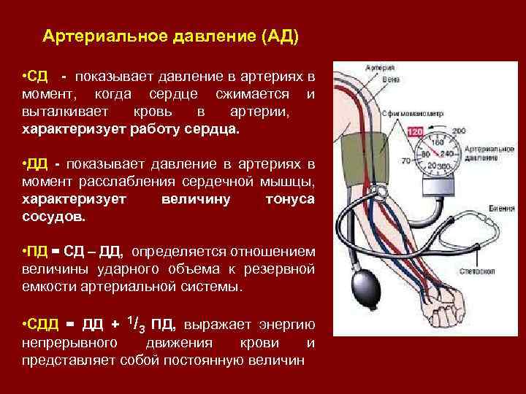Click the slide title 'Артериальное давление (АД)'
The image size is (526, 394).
pos(171,36)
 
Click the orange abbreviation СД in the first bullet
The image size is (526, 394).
pos(38,76)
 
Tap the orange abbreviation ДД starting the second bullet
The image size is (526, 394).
pos(39,163)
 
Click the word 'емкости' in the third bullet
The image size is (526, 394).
pos(45,287)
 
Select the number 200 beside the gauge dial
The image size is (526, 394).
pos(459,131)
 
